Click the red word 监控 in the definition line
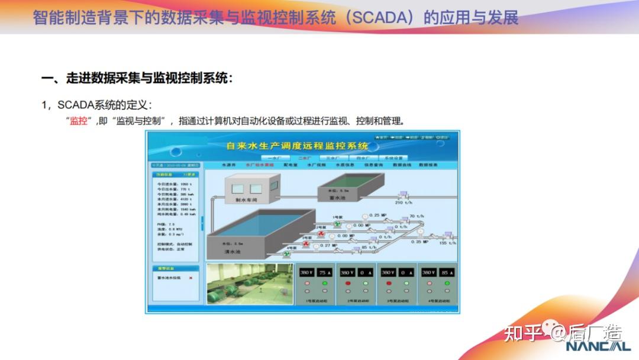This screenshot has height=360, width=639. click(x=78, y=121)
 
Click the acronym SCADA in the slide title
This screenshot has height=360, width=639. click(x=377, y=17)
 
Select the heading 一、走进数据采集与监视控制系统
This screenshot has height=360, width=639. click(x=137, y=78)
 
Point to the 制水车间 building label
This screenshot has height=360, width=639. click(x=246, y=200)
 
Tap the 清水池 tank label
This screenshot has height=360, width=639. click(x=233, y=252)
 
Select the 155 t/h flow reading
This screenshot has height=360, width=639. click(x=447, y=243)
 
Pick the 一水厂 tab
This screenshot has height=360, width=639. click(x=274, y=158)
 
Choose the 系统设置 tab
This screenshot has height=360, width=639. click(x=393, y=158)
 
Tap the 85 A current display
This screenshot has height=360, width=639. click(x=446, y=272)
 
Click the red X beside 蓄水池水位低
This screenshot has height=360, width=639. click(x=190, y=278)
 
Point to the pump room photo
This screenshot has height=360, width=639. click(x=250, y=284)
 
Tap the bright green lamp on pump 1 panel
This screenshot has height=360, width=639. click(x=324, y=283)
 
